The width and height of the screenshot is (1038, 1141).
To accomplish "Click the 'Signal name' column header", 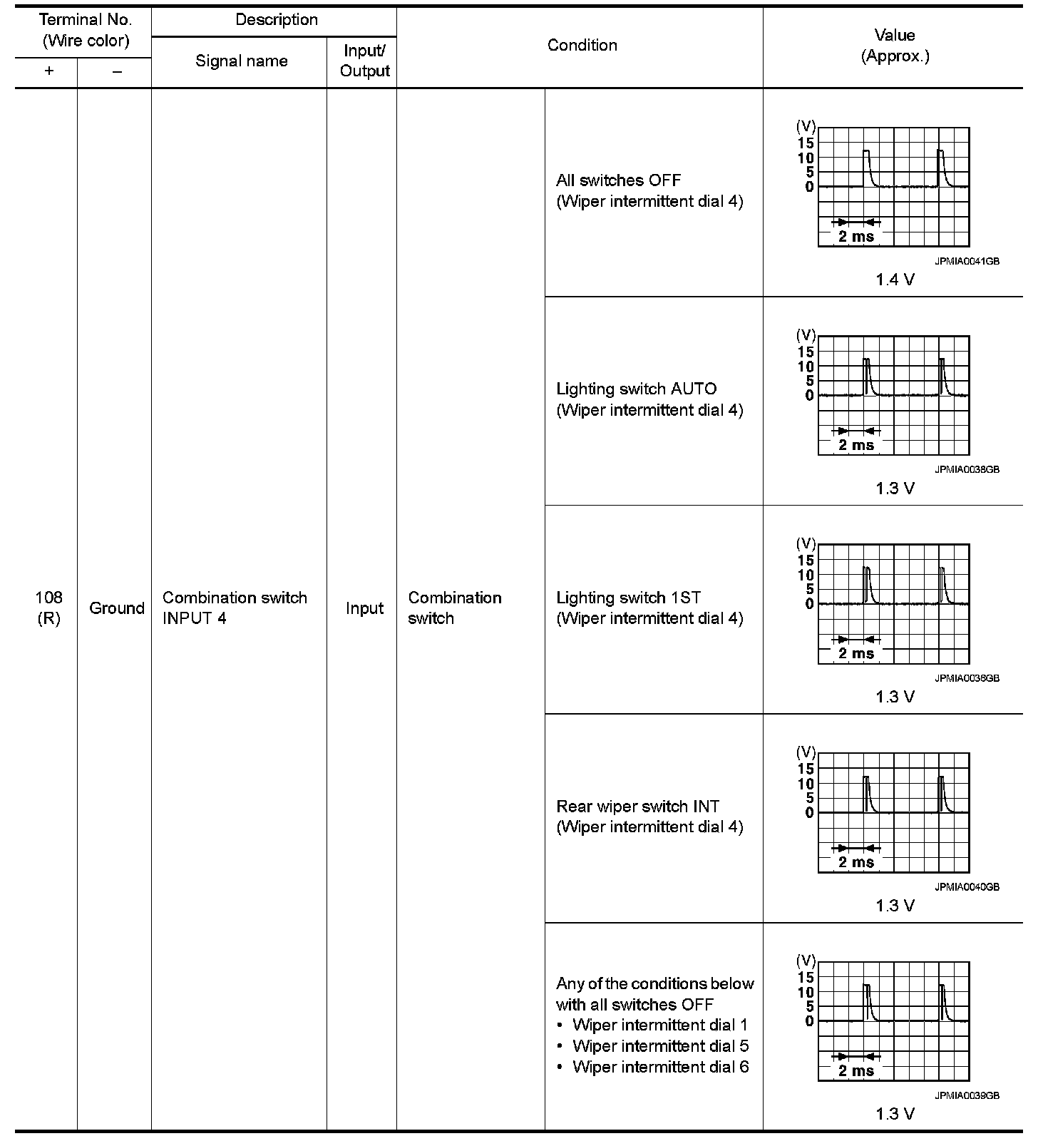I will tap(241, 61).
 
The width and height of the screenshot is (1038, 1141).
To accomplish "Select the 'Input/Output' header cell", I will tap(364, 61).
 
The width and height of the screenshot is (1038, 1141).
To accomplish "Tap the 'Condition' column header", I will tap(582, 46).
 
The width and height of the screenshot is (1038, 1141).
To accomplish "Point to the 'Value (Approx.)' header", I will tap(895, 46).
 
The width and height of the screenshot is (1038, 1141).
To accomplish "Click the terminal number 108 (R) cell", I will tap(48, 608).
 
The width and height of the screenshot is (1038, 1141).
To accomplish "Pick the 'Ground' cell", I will tap(116, 608).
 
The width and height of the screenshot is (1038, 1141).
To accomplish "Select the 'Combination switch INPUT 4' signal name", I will tap(235, 608).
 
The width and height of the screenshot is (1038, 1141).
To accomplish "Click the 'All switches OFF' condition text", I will tap(618, 180).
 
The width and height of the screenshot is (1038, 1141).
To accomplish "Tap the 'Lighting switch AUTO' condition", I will tap(636, 389).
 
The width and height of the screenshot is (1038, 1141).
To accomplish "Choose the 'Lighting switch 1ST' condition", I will tap(628, 598).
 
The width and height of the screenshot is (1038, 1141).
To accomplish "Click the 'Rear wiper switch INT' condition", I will tap(637, 807).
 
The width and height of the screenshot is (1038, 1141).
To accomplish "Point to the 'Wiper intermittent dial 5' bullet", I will tap(660, 1046).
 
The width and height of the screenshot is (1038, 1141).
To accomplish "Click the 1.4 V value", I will tap(895, 280).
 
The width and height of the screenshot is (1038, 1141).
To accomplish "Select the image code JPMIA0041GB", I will tap(967, 262).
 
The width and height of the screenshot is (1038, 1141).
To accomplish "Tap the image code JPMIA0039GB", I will tap(967, 1096).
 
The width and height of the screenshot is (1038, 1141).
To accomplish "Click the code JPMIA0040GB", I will tap(967, 887).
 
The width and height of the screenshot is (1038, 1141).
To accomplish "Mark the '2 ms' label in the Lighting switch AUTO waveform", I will tap(855, 446).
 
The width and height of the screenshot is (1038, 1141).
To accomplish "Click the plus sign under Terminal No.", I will tap(48, 71).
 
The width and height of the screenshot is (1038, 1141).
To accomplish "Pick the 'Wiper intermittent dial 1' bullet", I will tap(659, 1025).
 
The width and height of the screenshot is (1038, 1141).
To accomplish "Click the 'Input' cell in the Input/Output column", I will tap(364, 608).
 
